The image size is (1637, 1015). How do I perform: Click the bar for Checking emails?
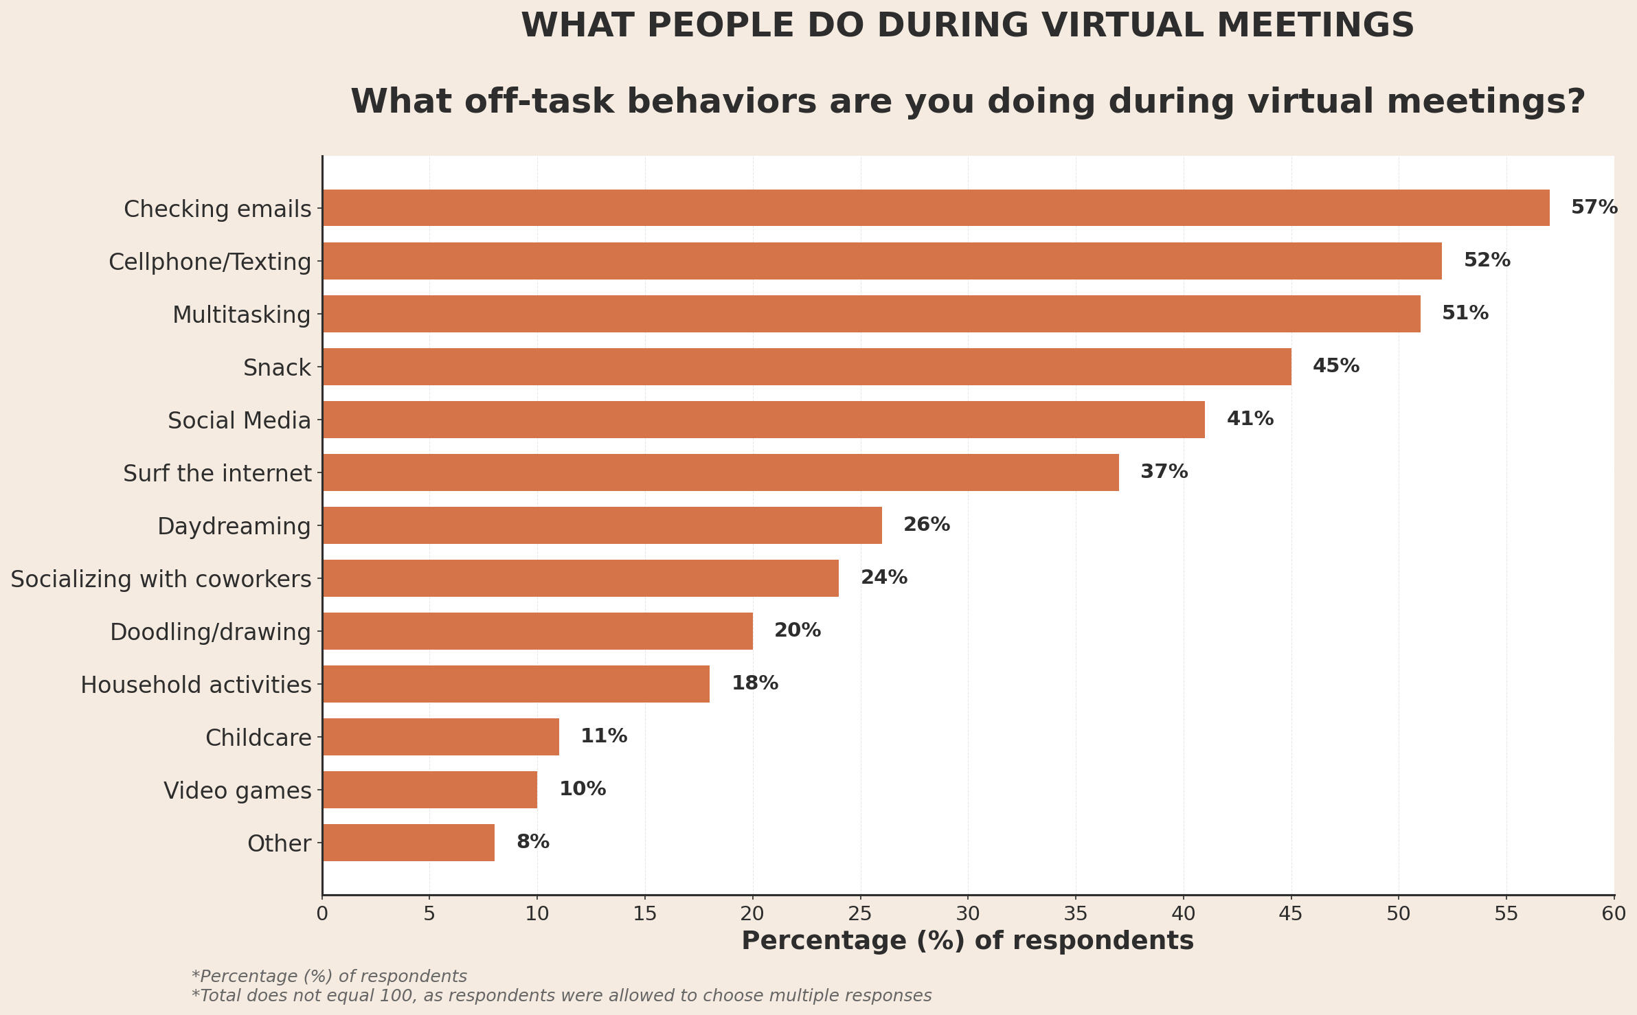pos(936,207)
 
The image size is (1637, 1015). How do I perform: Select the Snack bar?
pos(806,367)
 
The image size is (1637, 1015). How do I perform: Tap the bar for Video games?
pos(429,790)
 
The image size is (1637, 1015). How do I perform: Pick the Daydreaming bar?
pos(602,525)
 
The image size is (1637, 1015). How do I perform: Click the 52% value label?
pos(1487,260)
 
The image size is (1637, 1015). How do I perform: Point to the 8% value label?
pos(532,842)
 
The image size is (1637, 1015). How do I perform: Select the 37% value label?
pos(1164,472)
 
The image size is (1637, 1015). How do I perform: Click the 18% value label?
pos(754,683)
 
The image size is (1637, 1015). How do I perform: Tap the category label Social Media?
pos(239,420)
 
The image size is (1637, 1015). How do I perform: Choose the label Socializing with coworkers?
pos(161,579)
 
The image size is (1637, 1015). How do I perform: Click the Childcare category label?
pos(258,738)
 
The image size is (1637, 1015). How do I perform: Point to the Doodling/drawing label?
pos(210,632)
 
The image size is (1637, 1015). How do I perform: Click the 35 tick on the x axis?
pos(1076,914)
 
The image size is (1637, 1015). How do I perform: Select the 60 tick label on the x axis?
pos(1614,914)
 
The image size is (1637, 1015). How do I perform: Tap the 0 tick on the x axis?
pos(322,914)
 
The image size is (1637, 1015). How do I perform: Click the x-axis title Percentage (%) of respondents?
pos(967,941)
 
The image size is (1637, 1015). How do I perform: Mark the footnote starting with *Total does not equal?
pos(561,996)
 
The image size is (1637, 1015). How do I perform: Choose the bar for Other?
pos(408,843)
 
